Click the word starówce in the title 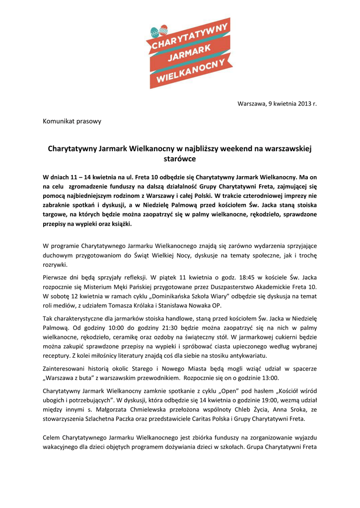tap(180, 159)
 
